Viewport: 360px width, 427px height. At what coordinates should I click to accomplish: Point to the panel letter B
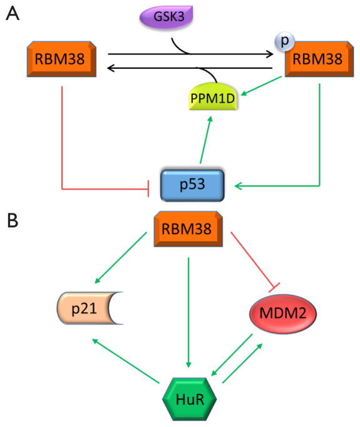(12, 220)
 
